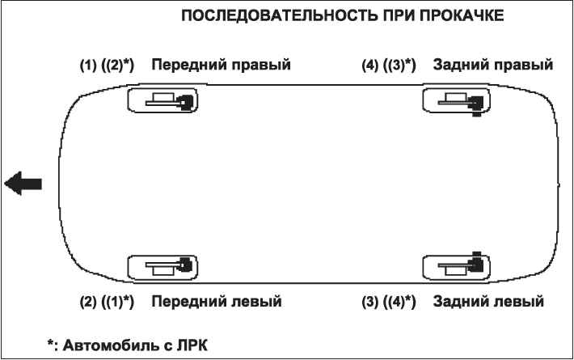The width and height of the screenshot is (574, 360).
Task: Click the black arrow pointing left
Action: coord(23,183)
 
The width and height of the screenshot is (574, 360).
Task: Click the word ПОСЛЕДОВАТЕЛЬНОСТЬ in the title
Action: coord(280,15)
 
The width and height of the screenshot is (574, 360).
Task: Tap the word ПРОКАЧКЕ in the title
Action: coord(462,15)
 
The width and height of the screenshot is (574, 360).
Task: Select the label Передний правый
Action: coord(221,65)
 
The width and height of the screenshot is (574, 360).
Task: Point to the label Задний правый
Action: coord(492,65)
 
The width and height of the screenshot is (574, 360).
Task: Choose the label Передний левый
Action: coord(217,302)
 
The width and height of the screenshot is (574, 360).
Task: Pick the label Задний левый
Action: coord(488,302)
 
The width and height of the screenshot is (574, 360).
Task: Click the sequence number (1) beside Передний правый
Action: coord(88,66)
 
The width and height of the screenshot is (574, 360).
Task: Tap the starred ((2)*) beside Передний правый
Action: coord(117,66)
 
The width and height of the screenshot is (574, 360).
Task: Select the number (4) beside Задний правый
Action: coord(370,66)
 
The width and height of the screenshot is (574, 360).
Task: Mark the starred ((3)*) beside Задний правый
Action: coord(399,66)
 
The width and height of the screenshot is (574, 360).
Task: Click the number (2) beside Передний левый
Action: coord(88,302)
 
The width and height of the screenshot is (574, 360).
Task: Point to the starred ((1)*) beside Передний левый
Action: coord(117,302)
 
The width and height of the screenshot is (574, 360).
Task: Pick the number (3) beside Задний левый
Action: coord(370,302)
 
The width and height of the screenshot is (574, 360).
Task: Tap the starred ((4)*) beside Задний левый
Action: coord(399,302)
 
